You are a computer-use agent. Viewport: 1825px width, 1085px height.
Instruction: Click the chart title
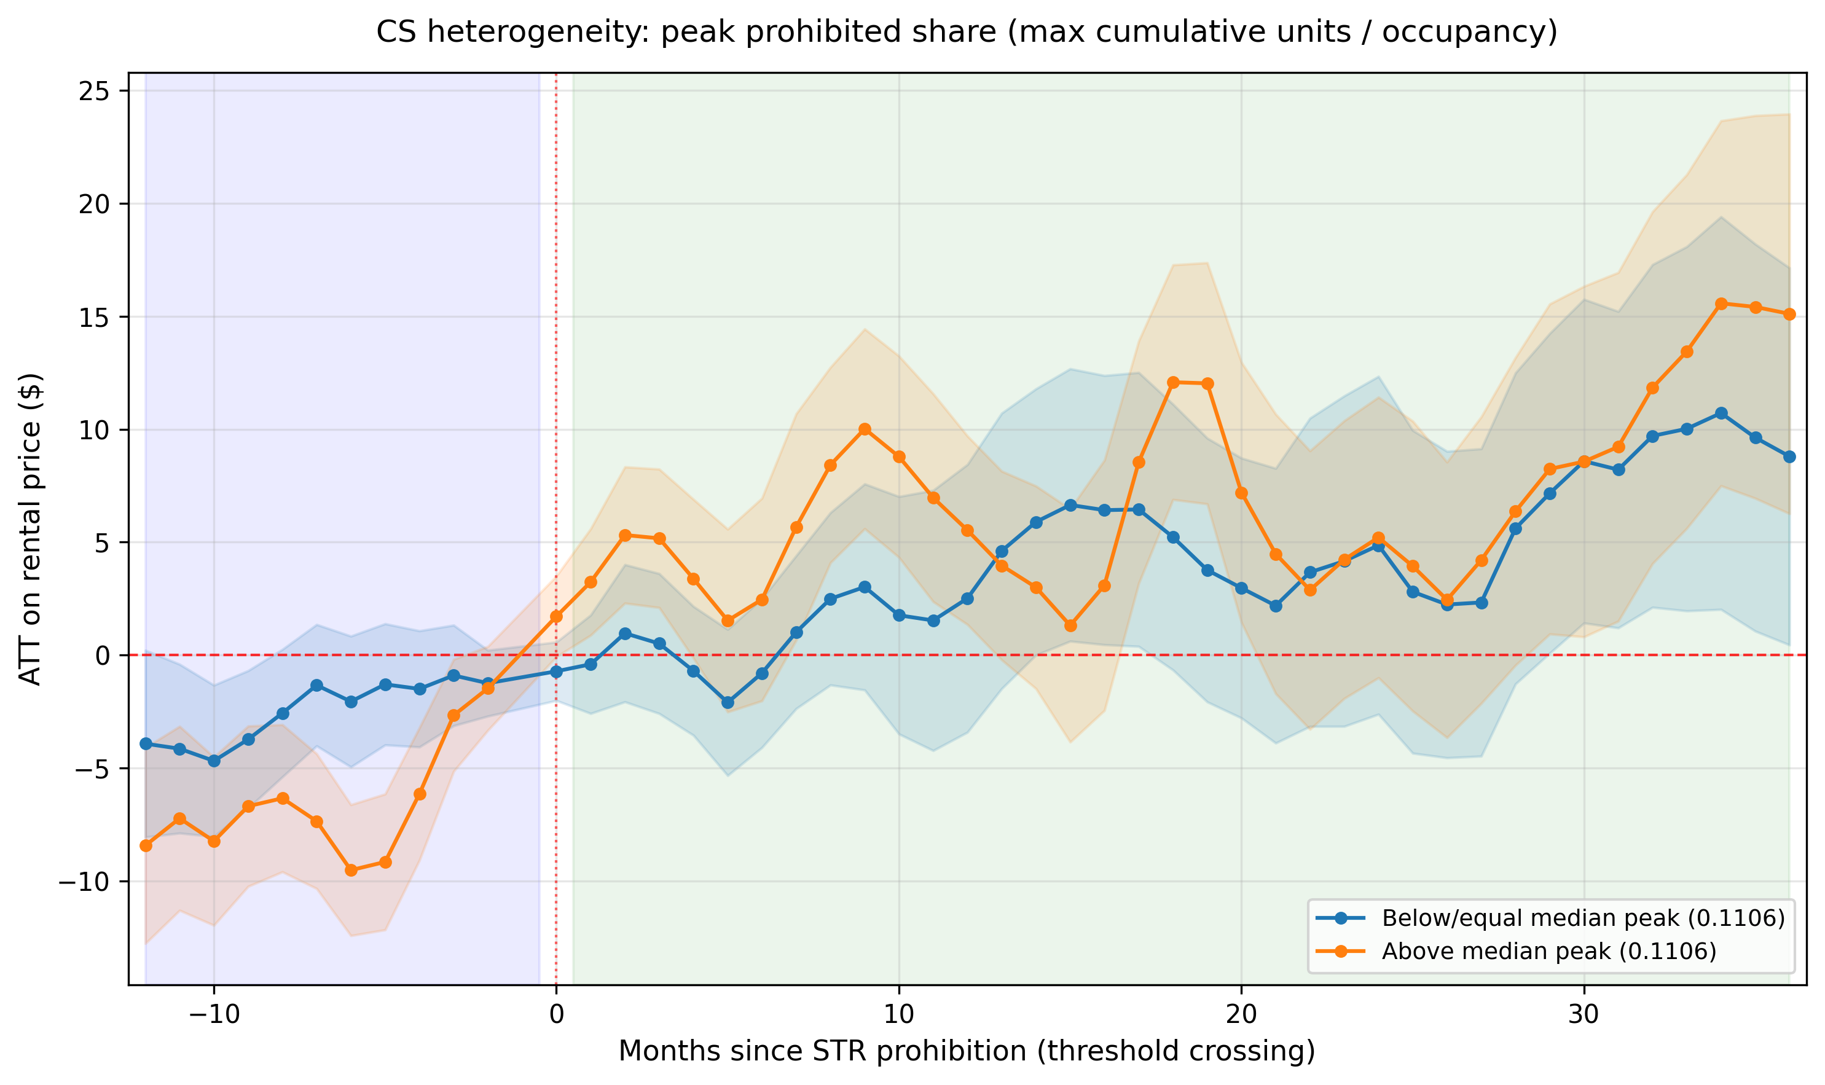[967, 32]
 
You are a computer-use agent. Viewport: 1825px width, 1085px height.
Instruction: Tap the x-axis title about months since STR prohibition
[967, 1051]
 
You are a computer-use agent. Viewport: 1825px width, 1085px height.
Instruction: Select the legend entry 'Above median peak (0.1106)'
[1548, 951]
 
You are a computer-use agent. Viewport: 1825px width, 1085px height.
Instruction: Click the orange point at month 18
[1174, 382]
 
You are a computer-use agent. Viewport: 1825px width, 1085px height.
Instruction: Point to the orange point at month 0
[557, 616]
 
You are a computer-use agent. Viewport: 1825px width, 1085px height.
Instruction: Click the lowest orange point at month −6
[351, 870]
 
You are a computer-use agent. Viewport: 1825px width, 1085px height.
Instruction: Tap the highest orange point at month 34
[1721, 304]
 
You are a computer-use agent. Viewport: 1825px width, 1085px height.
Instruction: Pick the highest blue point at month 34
[1721, 413]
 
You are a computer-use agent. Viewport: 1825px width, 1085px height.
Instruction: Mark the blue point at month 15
[1070, 505]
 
